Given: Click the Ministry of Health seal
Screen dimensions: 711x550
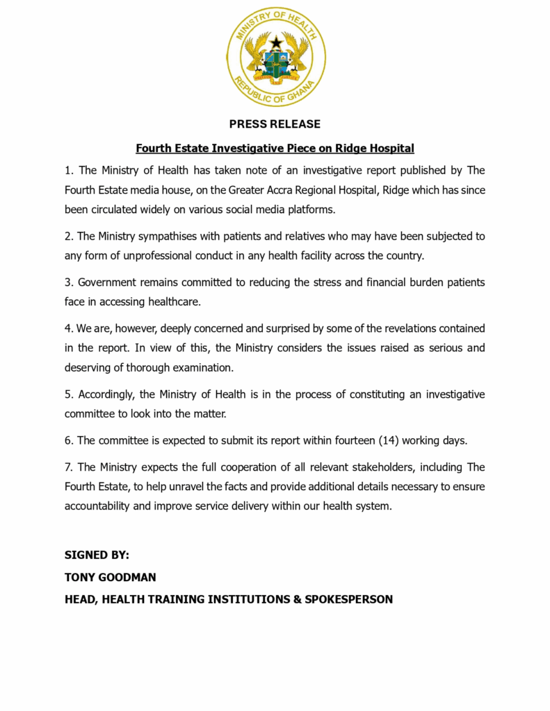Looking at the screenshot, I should tap(276, 56).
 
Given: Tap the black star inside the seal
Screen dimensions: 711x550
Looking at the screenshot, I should tap(276, 42).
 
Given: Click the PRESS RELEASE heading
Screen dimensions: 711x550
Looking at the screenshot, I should tap(275, 124).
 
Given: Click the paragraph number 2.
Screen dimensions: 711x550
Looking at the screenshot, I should tap(68, 236).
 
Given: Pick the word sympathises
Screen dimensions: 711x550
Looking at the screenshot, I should tap(161, 236).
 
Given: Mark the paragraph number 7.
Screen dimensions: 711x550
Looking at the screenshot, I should tap(68, 467).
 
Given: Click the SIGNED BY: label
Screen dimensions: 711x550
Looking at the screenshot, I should tap(97, 555).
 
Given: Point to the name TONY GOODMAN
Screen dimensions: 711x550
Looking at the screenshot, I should tap(111, 577).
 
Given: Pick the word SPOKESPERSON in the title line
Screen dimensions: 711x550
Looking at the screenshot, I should tap(348, 599).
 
